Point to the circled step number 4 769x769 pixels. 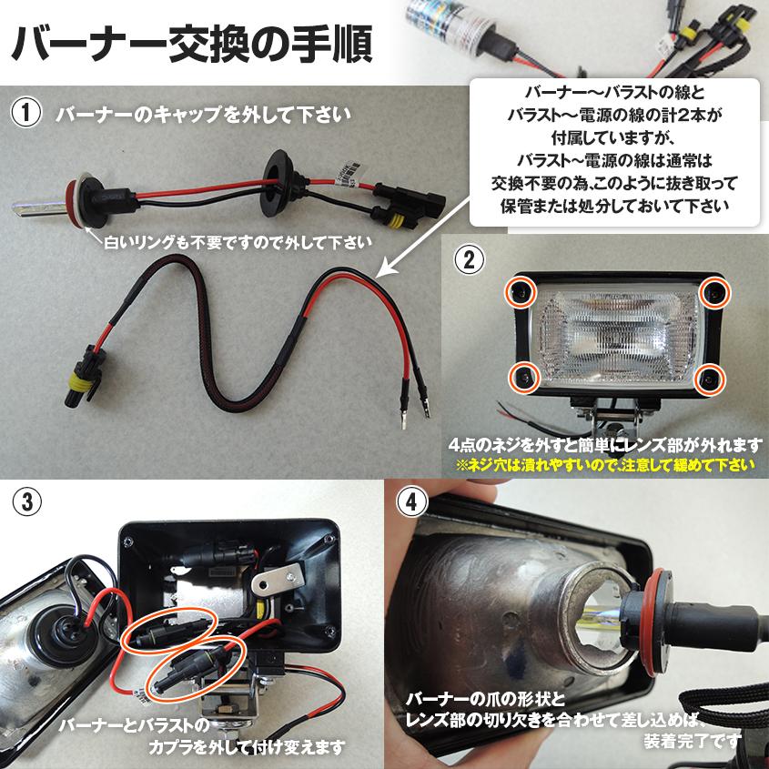(x=412, y=501)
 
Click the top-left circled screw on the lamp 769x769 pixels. (x=521, y=291)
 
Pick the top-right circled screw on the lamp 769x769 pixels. (x=715, y=291)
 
